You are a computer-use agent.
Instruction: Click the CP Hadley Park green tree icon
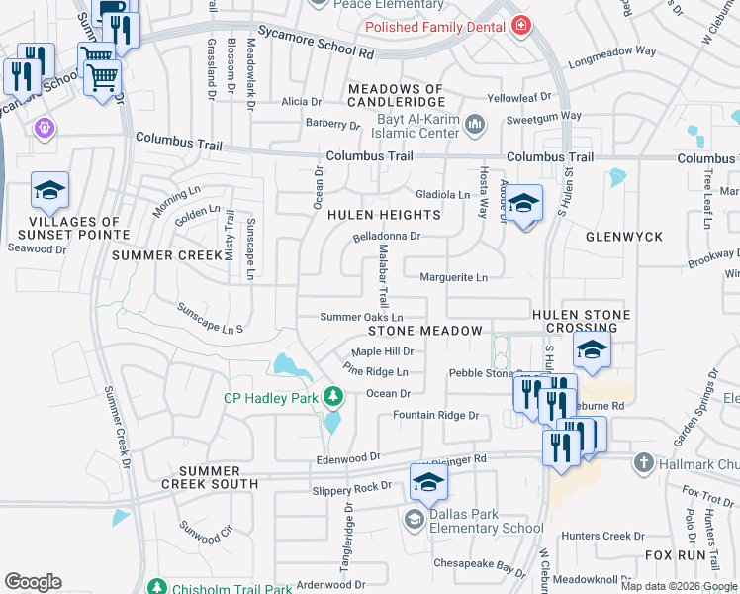[x=333, y=398]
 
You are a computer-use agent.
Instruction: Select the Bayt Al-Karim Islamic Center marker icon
[x=475, y=125]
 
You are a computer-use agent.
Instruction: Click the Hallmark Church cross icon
[x=643, y=463]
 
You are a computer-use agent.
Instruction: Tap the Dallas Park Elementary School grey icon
[x=414, y=519]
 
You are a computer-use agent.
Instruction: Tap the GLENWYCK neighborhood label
[x=623, y=238]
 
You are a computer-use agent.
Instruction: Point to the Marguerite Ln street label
[x=454, y=278]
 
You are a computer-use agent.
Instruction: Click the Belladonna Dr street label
[x=387, y=238]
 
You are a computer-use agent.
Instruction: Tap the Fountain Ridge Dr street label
[x=435, y=416]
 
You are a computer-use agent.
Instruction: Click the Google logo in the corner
[x=33, y=582]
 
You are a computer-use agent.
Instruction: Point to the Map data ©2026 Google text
[x=679, y=586]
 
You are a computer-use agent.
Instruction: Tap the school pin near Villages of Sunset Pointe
[x=49, y=191]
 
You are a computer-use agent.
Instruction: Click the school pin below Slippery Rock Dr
[x=428, y=481]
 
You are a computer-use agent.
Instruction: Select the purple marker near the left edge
[x=44, y=128]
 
